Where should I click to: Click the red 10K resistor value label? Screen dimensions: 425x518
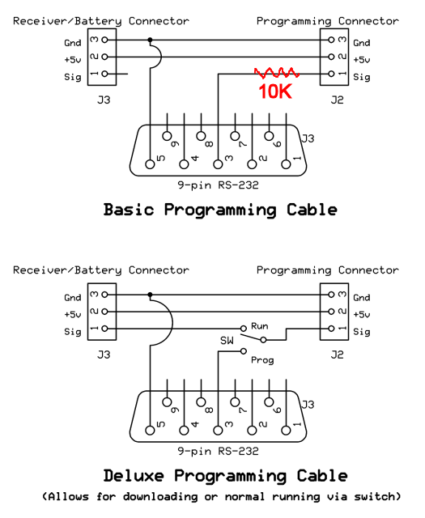(x=275, y=91)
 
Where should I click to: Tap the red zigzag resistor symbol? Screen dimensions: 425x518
(x=277, y=73)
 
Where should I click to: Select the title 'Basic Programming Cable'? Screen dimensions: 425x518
(x=220, y=210)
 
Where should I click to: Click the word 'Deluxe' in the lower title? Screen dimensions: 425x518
(x=134, y=476)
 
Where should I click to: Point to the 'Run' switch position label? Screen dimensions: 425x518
(x=259, y=326)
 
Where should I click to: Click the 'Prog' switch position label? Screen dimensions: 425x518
(x=262, y=359)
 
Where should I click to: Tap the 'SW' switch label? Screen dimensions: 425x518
(x=227, y=341)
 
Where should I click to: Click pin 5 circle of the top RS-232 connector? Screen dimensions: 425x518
(x=150, y=164)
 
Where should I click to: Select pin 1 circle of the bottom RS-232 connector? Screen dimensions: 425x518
(x=287, y=430)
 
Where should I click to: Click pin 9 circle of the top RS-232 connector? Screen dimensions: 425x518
(x=168, y=136)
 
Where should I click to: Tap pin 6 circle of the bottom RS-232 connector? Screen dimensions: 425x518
(x=269, y=401)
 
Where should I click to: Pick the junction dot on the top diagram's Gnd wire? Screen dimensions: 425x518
(x=150, y=40)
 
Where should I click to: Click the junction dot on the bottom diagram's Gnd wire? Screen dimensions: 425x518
(x=150, y=295)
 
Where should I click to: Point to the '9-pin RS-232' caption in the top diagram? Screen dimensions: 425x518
(x=218, y=185)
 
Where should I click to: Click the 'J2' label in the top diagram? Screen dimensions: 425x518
(x=337, y=100)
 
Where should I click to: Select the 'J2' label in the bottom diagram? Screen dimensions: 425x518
(x=337, y=355)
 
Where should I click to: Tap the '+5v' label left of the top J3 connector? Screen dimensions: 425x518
(x=73, y=60)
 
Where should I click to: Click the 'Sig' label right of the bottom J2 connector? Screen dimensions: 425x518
(x=362, y=332)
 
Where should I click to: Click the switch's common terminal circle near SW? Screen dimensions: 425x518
(x=263, y=340)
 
